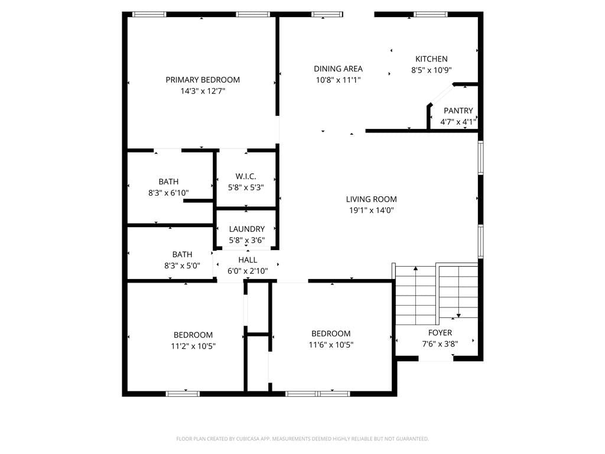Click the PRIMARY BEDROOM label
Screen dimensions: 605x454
[x=203, y=80]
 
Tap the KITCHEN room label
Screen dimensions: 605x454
[x=431, y=59]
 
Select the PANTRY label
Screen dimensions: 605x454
[x=458, y=111]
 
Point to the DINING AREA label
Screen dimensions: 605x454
[x=338, y=69]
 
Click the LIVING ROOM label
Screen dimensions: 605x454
[x=371, y=199]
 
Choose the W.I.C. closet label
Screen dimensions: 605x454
[x=246, y=176]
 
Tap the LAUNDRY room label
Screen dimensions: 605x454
[x=247, y=229]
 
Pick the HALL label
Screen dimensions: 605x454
[x=248, y=260]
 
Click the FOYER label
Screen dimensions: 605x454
[x=440, y=333]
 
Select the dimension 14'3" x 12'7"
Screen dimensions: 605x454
[x=203, y=91]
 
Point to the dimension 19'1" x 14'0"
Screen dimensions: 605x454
[x=371, y=210]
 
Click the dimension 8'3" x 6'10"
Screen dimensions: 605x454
[x=168, y=193]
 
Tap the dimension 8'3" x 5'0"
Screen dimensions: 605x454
[x=182, y=265]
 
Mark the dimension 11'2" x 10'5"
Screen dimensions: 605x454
[x=193, y=346]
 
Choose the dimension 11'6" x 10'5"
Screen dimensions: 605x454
[x=331, y=345]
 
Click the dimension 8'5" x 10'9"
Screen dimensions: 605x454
[x=431, y=70]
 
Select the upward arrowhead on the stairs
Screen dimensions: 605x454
[x=415, y=268]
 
